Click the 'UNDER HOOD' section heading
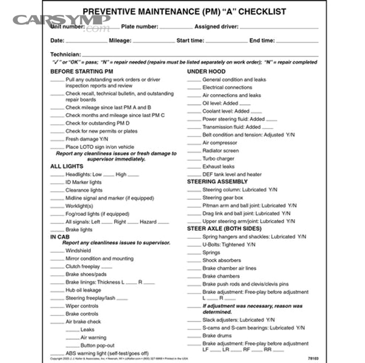click(x=206, y=71)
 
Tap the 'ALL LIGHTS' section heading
click(x=67, y=166)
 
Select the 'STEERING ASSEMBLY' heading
click(x=217, y=181)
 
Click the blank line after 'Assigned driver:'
click(x=279, y=28)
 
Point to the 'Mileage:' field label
click(x=120, y=41)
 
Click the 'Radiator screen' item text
click(x=221, y=151)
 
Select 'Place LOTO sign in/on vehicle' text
click(x=100, y=147)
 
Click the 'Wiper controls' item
click(x=82, y=306)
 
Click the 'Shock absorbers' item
click(x=221, y=260)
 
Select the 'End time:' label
click(x=262, y=41)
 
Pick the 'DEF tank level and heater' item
click(x=232, y=174)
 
